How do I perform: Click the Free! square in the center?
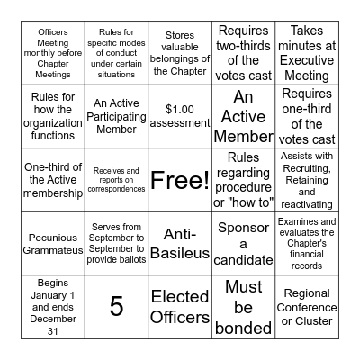[x=180, y=181]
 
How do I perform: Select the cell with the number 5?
[x=116, y=306]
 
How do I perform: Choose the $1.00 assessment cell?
[x=180, y=116]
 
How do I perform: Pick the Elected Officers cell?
[x=180, y=306]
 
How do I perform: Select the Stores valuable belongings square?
[x=180, y=53]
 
